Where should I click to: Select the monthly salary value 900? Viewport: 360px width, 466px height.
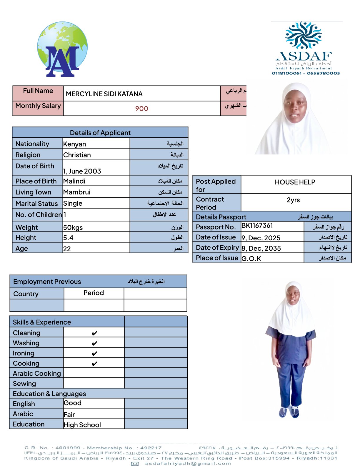141,109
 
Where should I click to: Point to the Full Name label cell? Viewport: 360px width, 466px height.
38,91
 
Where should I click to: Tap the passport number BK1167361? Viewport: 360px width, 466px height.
257,226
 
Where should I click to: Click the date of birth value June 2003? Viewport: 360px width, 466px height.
82,171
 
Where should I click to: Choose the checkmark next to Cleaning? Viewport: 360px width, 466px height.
94,333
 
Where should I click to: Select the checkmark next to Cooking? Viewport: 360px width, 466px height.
94,364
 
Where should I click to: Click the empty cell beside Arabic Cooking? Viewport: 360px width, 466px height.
94,373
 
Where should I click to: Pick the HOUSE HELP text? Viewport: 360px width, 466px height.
295,182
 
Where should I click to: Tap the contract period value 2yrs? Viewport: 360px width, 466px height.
293,200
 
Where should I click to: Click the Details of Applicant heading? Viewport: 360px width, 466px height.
100,133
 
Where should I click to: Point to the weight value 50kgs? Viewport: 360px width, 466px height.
73,228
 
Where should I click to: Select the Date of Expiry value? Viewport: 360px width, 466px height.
261,249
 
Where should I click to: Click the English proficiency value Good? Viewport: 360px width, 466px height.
73,403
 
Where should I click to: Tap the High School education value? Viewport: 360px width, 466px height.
82,425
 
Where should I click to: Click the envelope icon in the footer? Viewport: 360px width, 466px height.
135,464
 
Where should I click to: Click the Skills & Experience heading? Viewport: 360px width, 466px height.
42,322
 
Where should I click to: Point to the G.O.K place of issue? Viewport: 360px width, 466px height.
251,259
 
